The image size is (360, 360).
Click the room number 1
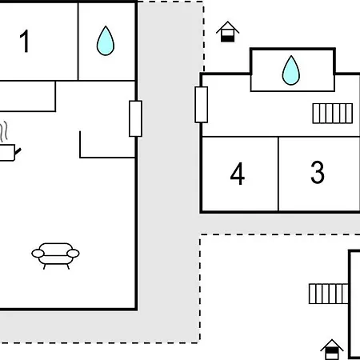(25, 41)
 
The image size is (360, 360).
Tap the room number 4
(238, 174)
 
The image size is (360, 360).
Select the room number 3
(318, 172)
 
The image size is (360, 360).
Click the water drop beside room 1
(106, 41)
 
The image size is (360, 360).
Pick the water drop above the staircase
(291, 70)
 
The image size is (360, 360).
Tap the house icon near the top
(227, 31)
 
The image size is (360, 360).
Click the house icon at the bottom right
(332, 350)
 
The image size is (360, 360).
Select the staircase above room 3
(333, 114)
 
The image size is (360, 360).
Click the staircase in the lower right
(329, 294)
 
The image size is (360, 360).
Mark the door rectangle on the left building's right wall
(135, 118)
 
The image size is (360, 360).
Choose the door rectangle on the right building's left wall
(202, 105)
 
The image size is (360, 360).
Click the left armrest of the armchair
(38, 254)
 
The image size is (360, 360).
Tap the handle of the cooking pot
(18, 151)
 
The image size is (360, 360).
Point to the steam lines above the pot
(4, 131)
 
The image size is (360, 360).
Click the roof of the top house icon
(227, 27)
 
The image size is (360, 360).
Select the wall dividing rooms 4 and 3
(278, 174)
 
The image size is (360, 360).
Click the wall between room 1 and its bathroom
(78, 42)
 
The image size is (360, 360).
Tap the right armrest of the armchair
(73, 254)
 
